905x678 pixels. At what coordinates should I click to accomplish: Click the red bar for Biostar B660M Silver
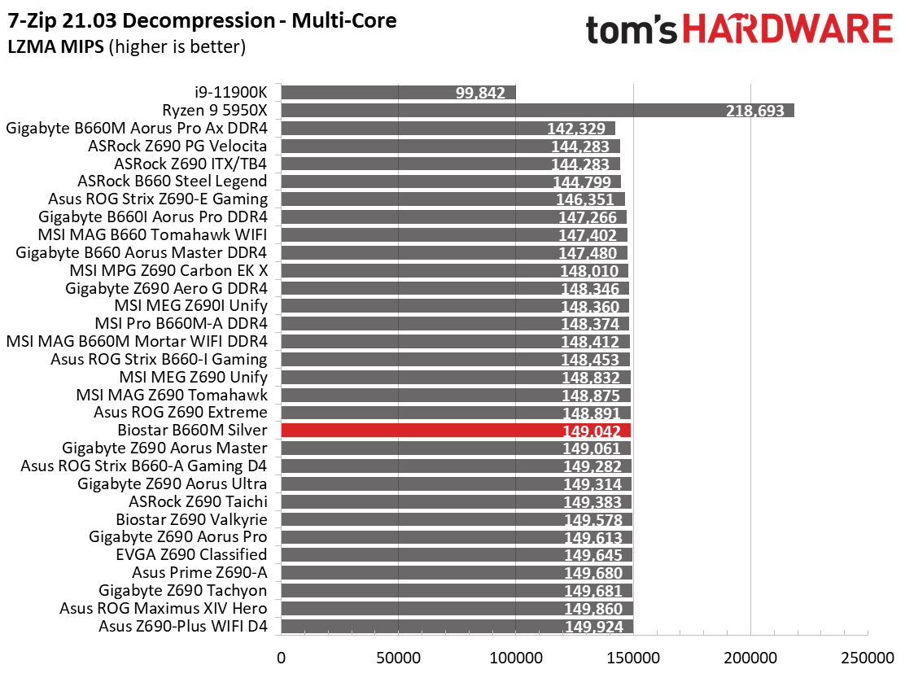click(x=456, y=431)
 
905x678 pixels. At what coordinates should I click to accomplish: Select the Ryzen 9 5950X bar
click(x=538, y=110)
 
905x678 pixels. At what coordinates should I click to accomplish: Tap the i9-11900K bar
click(x=399, y=92)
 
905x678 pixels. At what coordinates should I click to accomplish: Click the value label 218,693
click(x=755, y=111)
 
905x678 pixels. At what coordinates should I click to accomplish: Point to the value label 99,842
click(x=480, y=93)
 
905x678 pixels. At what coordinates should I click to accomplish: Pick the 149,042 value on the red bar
click(x=592, y=431)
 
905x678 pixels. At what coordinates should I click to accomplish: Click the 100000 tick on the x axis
click(x=516, y=658)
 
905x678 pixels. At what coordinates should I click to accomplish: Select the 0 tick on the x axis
click(x=281, y=658)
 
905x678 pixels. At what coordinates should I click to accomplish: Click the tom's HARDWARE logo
click(x=739, y=29)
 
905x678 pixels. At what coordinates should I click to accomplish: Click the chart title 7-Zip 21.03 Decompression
click(x=141, y=21)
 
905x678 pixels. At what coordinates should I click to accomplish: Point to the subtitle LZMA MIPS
click(x=56, y=46)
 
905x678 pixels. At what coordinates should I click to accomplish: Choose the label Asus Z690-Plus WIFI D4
click(x=183, y=626)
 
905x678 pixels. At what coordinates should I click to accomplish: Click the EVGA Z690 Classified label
click(x=191, y=554)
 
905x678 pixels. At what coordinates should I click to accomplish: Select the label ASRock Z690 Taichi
click(x=198, y=501)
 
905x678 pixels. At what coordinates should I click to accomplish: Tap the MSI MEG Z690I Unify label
click(x=191, y=306)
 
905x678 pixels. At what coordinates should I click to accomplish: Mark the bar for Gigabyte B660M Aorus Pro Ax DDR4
click(x=448, y=128)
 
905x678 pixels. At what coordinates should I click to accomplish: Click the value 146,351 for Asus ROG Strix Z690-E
click(x=585, y=199)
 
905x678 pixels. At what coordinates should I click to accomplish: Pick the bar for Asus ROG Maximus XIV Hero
click(x=457, y=608)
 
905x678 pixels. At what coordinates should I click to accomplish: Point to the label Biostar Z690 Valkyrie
click(x=191, y=519)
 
